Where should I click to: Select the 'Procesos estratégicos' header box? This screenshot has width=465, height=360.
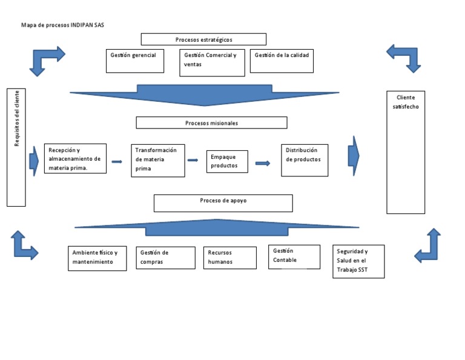coord(203,39)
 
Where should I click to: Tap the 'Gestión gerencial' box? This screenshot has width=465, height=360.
coord(134,61)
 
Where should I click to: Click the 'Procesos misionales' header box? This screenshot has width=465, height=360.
coord(211,123)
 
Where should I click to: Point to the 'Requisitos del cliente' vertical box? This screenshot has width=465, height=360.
coord(16,147)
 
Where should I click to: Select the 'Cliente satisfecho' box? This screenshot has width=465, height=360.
coord(406,152)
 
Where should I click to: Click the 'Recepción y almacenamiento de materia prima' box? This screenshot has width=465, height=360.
coord(75,159)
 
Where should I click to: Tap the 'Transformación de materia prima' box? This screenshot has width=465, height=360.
coord(158,161)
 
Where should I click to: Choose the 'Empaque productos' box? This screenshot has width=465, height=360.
coord(227,162)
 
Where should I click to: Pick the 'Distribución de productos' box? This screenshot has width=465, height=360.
coord(305,160)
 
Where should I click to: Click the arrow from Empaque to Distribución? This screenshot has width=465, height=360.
coord(263,163)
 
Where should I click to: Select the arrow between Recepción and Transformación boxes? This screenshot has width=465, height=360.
coord(117,162)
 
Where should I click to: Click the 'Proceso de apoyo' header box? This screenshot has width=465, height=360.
coord(223,203)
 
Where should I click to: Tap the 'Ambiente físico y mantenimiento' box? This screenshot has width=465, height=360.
coord(97,258)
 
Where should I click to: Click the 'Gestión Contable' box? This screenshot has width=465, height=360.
coord(294,256)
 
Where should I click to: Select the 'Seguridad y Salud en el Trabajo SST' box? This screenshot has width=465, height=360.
coord(358,261)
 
